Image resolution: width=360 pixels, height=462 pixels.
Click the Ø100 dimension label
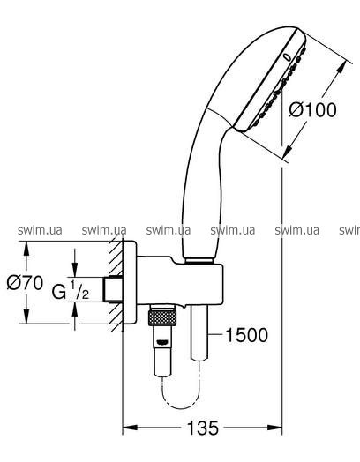coord(312,110)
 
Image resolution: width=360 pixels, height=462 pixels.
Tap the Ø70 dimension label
coord(25,283)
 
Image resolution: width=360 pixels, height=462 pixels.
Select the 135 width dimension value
coord(203,428)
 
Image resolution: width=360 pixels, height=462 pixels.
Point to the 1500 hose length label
coord(247,335)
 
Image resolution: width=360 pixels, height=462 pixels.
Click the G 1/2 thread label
coord(71,290)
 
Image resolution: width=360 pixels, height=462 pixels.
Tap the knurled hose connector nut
coord(162,317)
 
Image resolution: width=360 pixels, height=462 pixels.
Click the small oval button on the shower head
coord(287,56)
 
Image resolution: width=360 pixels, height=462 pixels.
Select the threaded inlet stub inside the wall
coord(113,289)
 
